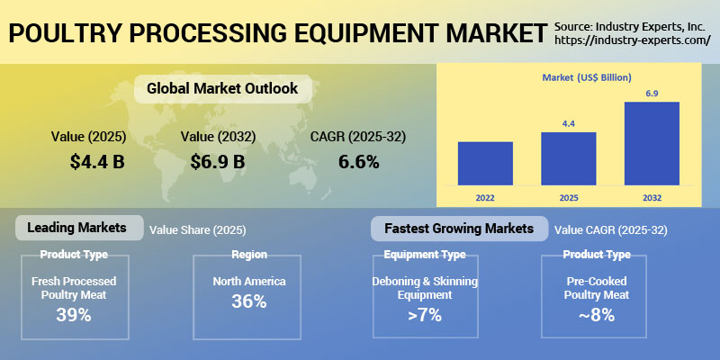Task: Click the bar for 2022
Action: [x=485, y=162]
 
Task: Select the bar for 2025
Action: [x=568, y=157]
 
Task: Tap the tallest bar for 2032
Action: [x=651, y=142]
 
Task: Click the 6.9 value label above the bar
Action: [x=651, y=94]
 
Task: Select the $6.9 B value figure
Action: [x=217, y=162]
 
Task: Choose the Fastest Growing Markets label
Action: [x=459, y=229]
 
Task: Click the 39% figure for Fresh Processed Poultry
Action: [x=75, y=315]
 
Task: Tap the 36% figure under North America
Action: [x=248, y=301]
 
